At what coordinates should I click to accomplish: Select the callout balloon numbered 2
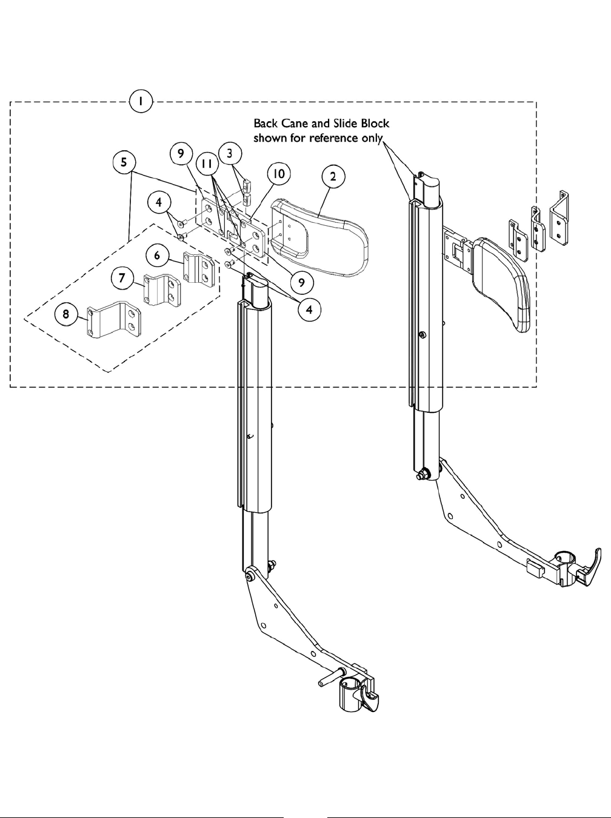click(333, 177)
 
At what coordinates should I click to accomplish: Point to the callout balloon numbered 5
click(124, 163)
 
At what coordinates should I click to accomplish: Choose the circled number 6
click(158, 256)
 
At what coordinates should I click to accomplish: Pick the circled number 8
click(65, 314)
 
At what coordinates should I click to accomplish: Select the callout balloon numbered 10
click(278, 174)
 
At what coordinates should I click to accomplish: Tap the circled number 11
click(207, 164)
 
